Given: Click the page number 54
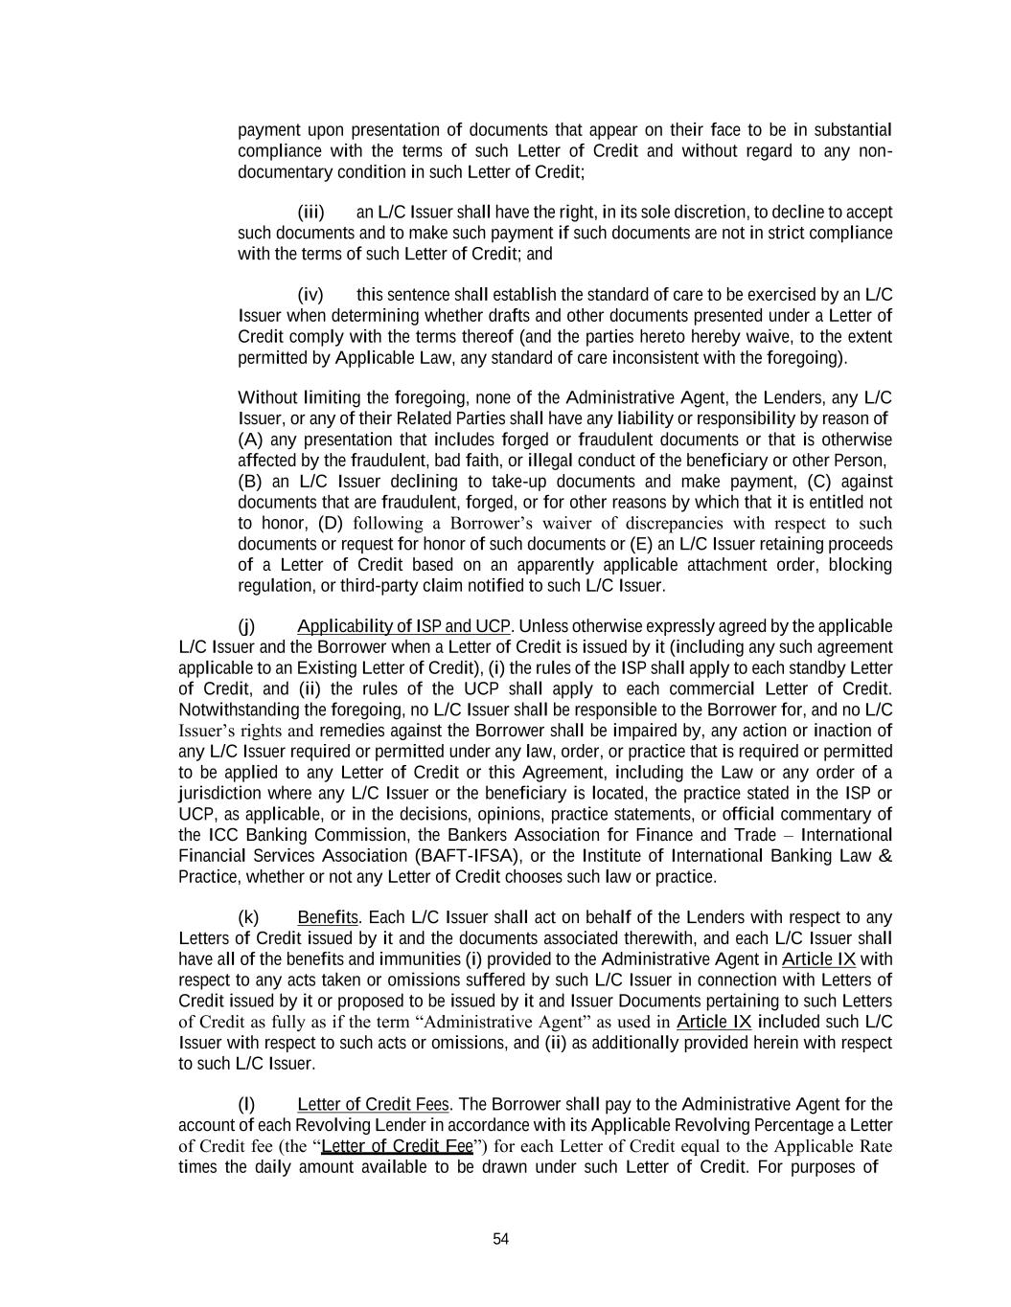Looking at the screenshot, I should pyautogui.click(x=500, y=1239).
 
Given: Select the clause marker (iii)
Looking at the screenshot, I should pyautogui.click(x=310, y=212).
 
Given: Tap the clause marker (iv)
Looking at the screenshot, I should pyautogui.click(x=310, y=295).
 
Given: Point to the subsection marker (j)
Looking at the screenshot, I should pyautogui.click(x=246, y=627).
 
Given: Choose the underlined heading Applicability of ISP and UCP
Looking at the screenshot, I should pyautogui.click(x=404, y=627).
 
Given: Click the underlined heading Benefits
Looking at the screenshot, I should pyautogui.click(x=328, y=918).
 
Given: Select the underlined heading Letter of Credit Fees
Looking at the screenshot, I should pyautogui.click(x=373, y=1105).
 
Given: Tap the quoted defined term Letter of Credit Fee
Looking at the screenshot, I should pyautogui.click(x=397, y=1146).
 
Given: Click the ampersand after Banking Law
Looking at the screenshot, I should pyautogui.click(x=885, y=856).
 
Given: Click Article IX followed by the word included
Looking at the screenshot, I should pyautogui.click(x=714, y=1022).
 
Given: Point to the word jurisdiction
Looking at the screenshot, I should pyautogui.click(x=219, y=793).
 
